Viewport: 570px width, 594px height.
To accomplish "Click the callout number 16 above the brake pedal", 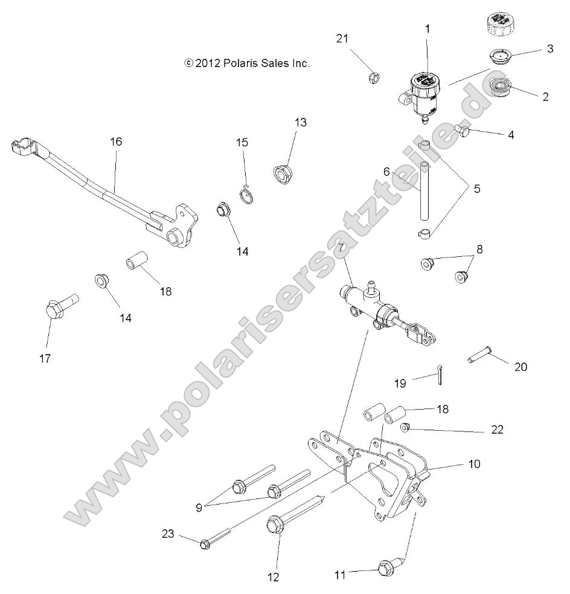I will tap(116, 141).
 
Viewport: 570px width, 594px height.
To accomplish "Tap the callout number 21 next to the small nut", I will tap(342, 39).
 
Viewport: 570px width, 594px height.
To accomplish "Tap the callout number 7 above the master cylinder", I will tap(341, 248).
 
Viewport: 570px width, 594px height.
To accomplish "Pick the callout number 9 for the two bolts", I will tap(198, 507).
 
